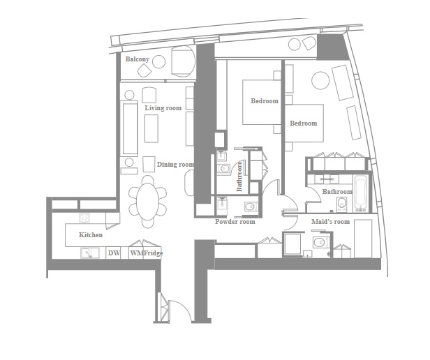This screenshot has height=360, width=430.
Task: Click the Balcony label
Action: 137,60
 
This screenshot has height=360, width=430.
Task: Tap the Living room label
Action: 163,108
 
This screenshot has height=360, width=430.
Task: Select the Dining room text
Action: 175,165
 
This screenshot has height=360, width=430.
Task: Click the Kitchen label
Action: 91,235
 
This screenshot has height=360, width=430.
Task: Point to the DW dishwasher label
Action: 114,253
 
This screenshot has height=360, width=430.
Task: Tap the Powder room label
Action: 235,222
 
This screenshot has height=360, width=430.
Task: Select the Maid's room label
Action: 329,222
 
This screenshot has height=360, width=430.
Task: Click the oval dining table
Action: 147,202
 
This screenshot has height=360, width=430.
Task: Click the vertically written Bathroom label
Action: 239,177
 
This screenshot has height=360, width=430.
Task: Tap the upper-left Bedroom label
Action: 265,101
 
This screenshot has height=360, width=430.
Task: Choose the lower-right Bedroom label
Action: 304,123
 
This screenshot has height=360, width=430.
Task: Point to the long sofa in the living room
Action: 130,129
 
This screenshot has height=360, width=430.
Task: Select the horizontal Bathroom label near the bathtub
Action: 337,191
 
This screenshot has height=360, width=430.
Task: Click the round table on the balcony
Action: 158,62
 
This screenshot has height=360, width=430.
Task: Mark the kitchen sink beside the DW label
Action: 87,253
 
